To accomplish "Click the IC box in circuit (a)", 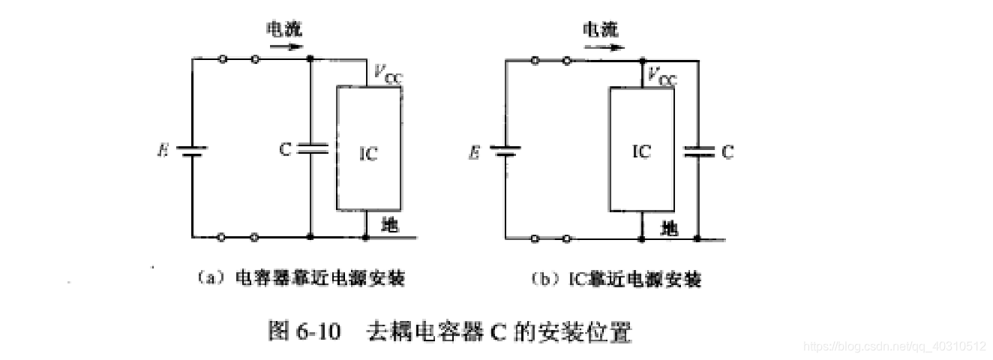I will click(x=369, y=148).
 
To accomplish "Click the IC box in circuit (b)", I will click(x=643, y=150).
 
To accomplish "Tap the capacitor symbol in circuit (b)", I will click(x=698, y=151).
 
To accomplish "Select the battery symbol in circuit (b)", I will click(x=505, y=151).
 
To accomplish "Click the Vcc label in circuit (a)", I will click(x=387, y=73).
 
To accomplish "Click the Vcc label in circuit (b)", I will click(x=661, y=77).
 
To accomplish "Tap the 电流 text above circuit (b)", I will click(x=601, y=29).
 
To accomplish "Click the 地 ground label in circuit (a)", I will click(x=390, y=223).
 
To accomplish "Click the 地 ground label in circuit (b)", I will click(x=670, y=227).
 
